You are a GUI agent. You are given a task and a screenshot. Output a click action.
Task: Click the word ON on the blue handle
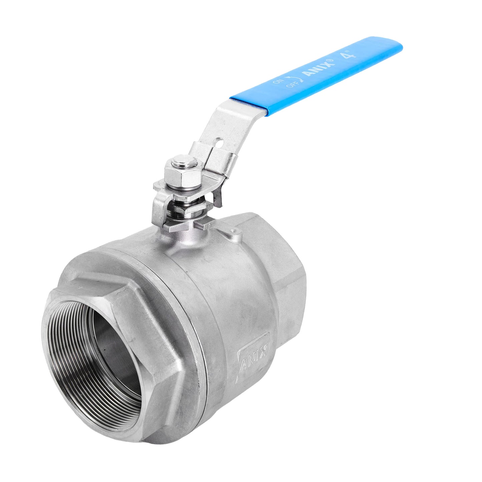pyautogui.click(x=278, y=81)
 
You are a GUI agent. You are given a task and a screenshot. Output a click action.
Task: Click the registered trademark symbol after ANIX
pyautogui.click(x=331, y=60)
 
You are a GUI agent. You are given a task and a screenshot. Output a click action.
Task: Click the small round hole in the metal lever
pyautogui.click(x=219, y=142)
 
